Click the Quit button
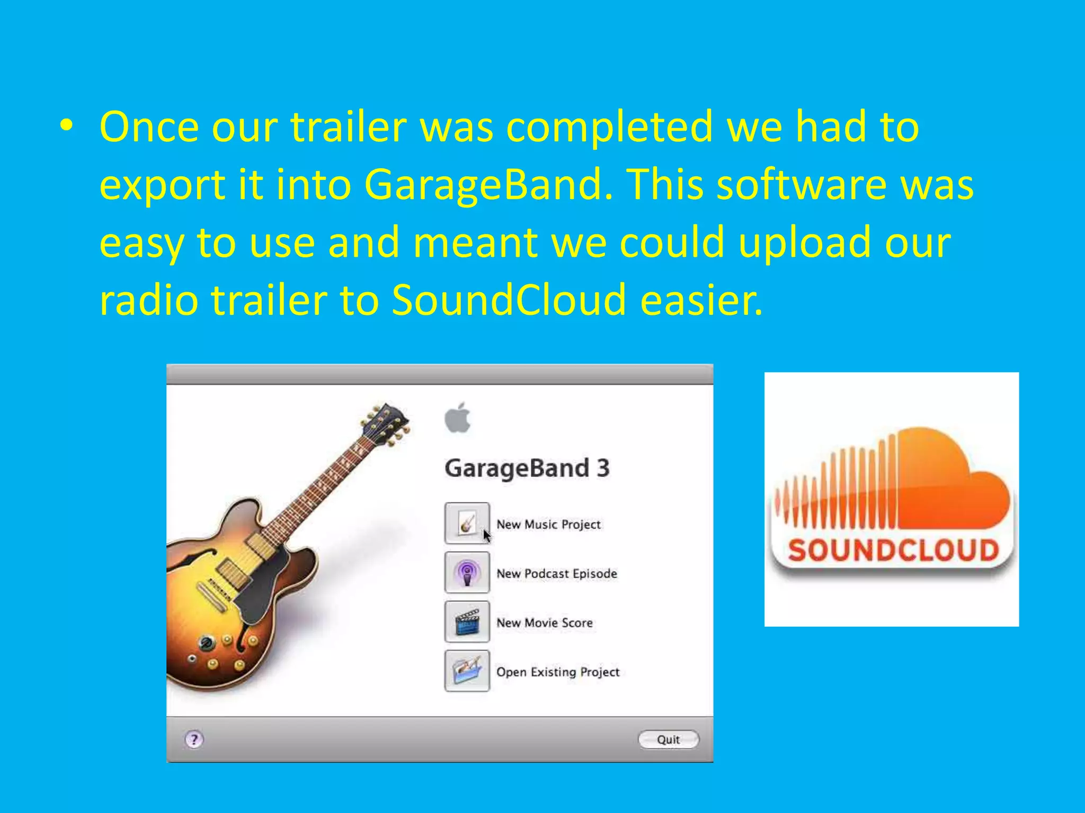pos(668,739)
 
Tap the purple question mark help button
pos(194,739)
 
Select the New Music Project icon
pos(467,523)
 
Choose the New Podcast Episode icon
pos(467,573)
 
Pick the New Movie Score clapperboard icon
pos(467,622)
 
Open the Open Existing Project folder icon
pos(467,671)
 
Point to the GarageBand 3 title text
pos(527,468)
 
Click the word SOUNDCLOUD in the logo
pos(893,550)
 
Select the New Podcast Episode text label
pos(556,573)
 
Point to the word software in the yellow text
pos(802,185)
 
